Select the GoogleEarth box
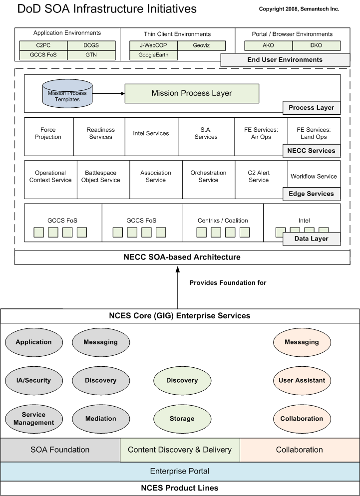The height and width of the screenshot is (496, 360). click(154, 55)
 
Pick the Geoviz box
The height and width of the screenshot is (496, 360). click(201, 46)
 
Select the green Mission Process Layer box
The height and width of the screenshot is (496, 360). click(192, 93)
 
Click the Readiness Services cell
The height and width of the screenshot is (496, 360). click(100, 133)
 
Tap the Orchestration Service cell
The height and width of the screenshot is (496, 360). click(208, 177)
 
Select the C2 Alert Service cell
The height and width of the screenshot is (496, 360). click(259, 177)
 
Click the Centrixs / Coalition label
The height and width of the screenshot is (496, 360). click(223, 221)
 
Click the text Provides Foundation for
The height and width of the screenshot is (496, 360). click(228, 283)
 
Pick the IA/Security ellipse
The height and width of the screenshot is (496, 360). click(33, 380)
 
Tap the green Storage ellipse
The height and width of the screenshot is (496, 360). click(182, 419)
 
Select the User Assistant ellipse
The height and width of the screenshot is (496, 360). click(302, 380)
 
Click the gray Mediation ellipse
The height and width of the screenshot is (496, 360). click(101, 419)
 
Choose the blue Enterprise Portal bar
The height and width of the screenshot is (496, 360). click(180, 471)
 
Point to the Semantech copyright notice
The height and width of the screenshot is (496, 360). click(299, 9)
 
